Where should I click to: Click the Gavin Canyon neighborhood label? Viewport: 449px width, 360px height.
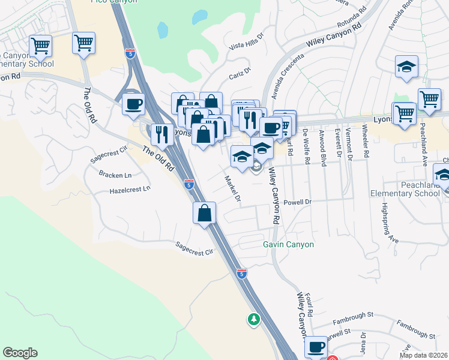click(x=288, y=244)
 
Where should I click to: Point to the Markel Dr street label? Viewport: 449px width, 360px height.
click(x=232, y=188)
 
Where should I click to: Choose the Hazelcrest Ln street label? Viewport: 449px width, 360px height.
click(x=130, y=189)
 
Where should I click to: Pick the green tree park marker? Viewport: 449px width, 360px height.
click(x=254, y=319)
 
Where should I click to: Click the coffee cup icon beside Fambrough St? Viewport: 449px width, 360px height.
click(x=316, y=346)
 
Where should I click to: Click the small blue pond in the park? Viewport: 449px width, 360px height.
click(x=162, y=29)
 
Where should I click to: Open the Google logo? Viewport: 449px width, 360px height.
click(x=20, y=353)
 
